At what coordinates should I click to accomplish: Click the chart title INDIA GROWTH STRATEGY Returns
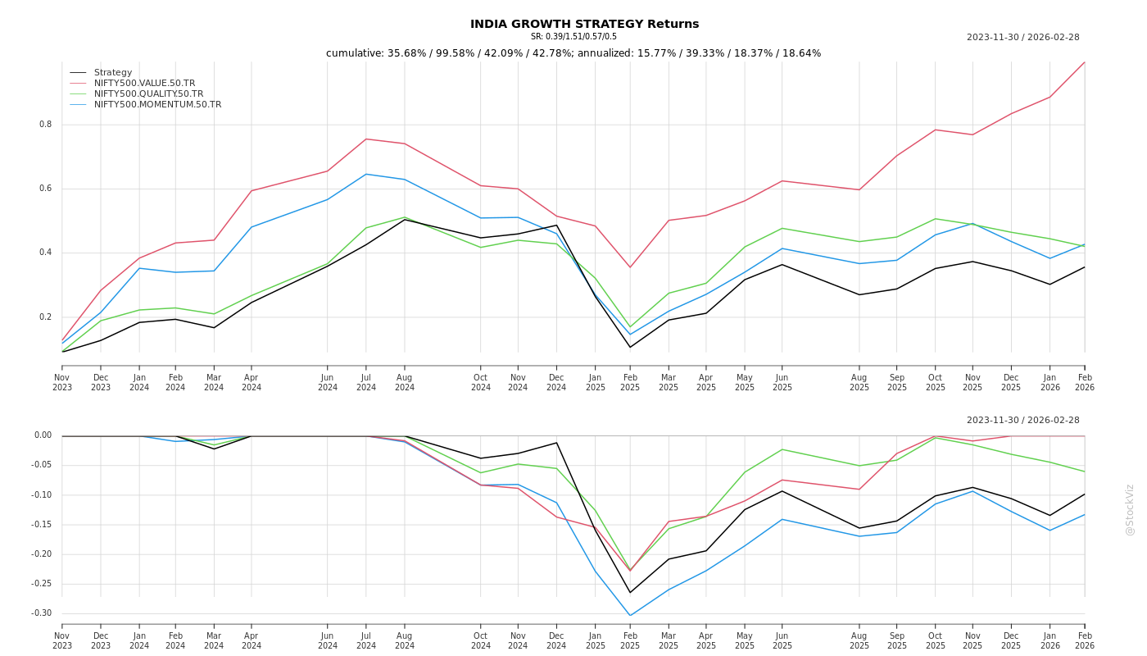pyautogui.click(x=584, y=24)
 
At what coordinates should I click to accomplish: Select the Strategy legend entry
pyautogui.click(x=113, y=72)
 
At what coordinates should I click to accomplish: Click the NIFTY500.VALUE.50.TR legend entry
pyautogui.click(x=144, y=83)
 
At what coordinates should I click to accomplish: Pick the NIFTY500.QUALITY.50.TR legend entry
pyautogui.click(x=148, y=93)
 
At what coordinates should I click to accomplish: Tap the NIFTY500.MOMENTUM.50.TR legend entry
pyautogui.click(x=157, y=104)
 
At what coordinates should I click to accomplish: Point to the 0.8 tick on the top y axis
pyautogui.click(x=45, y=125)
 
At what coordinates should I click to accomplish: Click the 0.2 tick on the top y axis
pyautogui.click(x=45, y=317)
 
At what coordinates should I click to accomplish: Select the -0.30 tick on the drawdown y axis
pyautogui.click(x=41, y=613)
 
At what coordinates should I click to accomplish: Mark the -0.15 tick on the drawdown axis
pyautogui.click(x=41, y=525)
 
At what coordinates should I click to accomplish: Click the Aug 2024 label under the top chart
pyautogui.click(x=405, y=383)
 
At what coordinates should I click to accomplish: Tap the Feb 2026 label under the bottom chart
pyautogui.click(x=1085, y=640)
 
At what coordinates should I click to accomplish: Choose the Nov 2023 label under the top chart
pyautogui.click(x=62, y=383)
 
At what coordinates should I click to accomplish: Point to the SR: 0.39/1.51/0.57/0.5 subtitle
pyautogui.click(x=573, y=37)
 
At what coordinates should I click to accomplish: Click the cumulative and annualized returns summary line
pyautogui.click(x=573, y=53)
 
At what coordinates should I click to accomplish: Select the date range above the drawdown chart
pyautogui.click(x=1022, y=420)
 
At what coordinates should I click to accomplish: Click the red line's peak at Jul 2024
pyautogui.click(x=366, y=139)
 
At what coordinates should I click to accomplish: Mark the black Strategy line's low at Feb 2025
pyautogui.click(x=630, y=347)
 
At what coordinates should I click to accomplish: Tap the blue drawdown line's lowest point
pyautogui.click(x=630, y=615)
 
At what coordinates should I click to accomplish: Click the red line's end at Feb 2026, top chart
pyautogui.click(x=1084, y=62)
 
